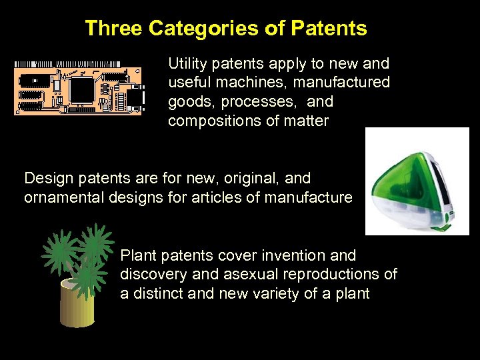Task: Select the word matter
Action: pyautogui.click(x=307, y=122)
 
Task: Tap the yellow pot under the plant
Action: pyautogui.click(x=77, y=303)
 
